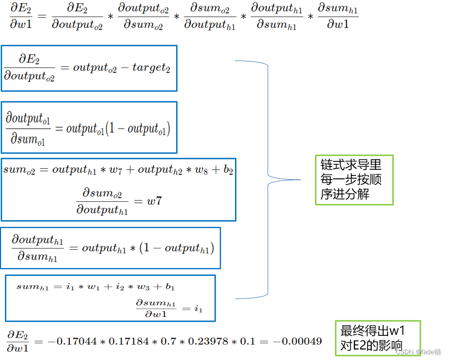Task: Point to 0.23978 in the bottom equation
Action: tap(201, 341)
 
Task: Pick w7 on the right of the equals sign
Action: tap(154, 201)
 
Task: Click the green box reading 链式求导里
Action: tap(354, 180)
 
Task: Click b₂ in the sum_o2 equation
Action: tap(228, 170)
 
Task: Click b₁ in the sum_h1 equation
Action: tap(170, 287)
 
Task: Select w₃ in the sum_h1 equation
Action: tap(139, 287)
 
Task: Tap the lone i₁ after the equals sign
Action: tap(198, 309)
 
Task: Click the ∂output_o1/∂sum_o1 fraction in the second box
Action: tap(28, 128)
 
